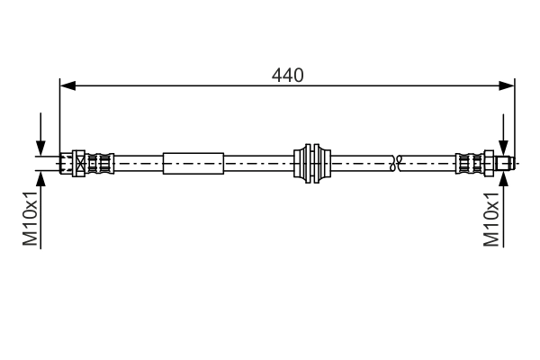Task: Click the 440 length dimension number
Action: pos(288,76)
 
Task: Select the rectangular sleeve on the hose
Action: pos(193,164)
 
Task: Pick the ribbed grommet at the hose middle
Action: pos(313,163)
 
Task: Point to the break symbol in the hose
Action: pos(394,163)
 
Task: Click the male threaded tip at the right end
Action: pos(505,163)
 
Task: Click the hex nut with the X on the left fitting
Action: pos(80,163)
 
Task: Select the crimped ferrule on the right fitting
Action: pos(470,163)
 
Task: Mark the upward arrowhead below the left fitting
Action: pos(40,178)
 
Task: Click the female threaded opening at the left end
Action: pos(65,163)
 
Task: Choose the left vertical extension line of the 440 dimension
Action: pos(59,117)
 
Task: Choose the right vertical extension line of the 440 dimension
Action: pos(516,117)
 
